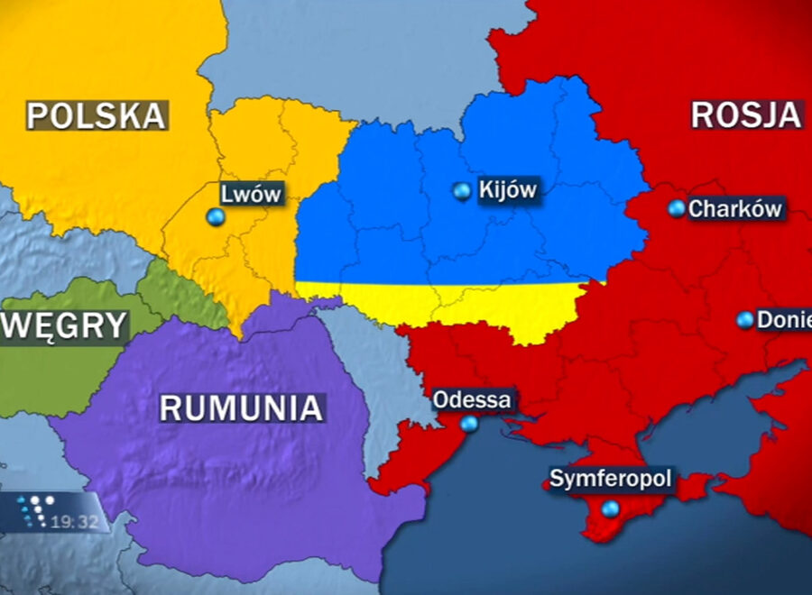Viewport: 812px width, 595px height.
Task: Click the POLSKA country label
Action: (97, 115)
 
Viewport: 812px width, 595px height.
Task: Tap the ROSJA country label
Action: (746, 114)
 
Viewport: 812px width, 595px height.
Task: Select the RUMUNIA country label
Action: (241, 407)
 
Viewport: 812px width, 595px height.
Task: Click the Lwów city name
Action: (252, 194)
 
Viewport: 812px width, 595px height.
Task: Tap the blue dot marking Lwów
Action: (215, 217)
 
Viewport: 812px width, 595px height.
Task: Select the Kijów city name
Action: (508, 190)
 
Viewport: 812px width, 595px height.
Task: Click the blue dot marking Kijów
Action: (462, 191)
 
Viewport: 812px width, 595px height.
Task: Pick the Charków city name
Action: (734, 209)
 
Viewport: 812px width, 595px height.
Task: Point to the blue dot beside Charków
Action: (677, 208)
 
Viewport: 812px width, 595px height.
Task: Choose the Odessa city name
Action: (472, 399)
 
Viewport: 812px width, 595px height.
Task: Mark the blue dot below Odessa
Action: (469, 424)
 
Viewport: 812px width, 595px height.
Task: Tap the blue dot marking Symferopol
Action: (611, 509)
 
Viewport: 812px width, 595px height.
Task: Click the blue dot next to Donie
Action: (744, 320)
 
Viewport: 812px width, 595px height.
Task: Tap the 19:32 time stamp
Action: (75, 521)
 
